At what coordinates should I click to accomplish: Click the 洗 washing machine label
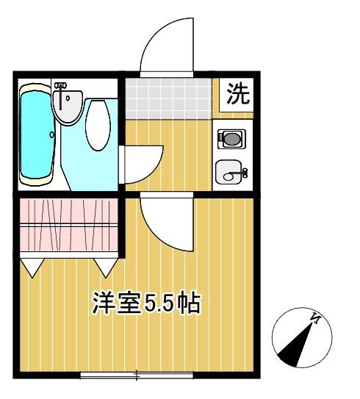237,94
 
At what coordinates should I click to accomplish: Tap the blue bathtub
35,134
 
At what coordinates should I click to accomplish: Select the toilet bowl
97,125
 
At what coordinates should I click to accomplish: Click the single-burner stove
231,138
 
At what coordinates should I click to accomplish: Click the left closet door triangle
32,266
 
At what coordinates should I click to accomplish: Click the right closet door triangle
104,266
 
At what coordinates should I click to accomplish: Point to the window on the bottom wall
137,376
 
